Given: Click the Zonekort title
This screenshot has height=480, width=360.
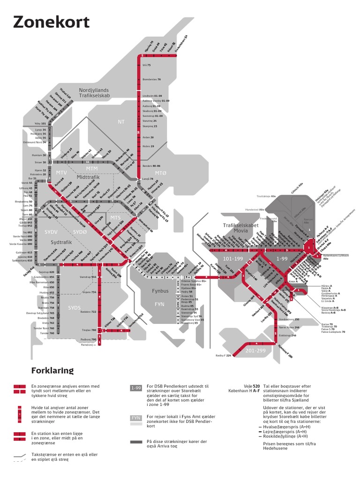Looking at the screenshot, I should point(51,22).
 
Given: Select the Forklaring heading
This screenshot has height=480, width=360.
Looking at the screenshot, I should point(52,370).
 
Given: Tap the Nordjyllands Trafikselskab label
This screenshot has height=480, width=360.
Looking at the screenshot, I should point(94,92).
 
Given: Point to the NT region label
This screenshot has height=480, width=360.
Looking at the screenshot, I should point(121,122).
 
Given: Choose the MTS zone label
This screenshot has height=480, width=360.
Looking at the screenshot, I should point(115,217).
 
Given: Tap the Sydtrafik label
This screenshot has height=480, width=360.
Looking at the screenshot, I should point(62,241).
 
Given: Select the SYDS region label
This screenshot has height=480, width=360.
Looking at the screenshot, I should point(75,307).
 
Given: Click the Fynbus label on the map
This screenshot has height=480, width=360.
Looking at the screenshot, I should point(160,291).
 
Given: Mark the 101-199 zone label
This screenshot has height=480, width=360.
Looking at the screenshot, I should point(233,258).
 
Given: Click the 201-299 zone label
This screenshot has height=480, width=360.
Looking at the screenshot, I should point(255,350).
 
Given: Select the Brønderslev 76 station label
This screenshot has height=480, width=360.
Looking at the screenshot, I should point(151,80).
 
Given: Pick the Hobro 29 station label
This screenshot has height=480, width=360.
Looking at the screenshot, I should point(148,146).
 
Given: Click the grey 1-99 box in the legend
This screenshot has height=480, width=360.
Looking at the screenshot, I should point(136,388).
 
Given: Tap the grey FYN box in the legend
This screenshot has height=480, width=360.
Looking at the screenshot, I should point(136,417).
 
